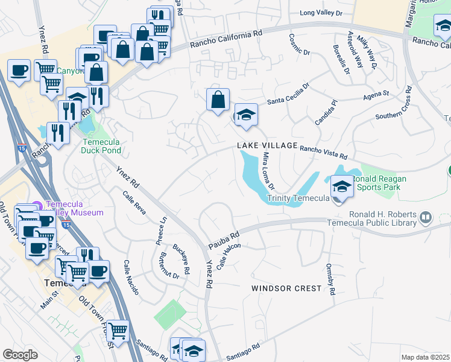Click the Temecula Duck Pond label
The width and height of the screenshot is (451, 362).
pos(101,146)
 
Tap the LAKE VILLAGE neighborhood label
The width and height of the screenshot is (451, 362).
pos(267,145)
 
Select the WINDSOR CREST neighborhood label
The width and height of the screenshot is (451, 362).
pos(286,288)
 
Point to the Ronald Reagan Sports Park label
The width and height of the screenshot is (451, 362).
pos(379,183)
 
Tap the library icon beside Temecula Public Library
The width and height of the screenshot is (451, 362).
pos(425,217)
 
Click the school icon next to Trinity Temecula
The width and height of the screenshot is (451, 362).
pos(342,188)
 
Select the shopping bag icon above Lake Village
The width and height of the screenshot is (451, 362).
pos(218,100)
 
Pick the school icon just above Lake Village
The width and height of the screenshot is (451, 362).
pos(246,116)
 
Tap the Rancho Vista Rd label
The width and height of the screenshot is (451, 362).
pos(323,151)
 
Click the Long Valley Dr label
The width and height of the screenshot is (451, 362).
pos(321,13)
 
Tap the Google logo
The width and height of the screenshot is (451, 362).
pos(20,355)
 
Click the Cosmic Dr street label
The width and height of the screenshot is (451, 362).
pos(299,44)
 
